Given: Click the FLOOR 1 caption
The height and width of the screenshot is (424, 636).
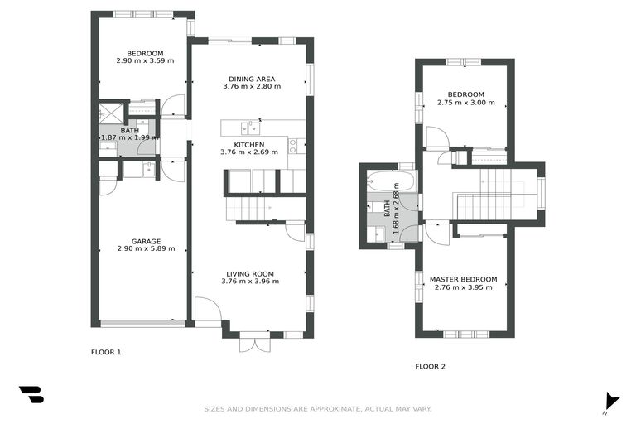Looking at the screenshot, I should [106, 352].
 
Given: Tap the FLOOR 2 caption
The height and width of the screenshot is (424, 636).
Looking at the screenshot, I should [430, 366].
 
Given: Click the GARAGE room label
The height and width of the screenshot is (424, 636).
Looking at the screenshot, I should [146, 241].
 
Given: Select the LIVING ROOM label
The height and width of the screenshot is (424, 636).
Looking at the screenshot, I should [250, 273].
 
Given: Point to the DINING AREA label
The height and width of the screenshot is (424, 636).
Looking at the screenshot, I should [252, 79].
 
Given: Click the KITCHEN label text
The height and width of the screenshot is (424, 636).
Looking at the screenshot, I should [249, 144].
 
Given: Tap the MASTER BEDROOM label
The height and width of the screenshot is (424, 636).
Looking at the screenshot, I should [463, 280].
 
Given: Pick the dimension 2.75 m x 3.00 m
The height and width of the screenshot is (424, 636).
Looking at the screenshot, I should [465, 103].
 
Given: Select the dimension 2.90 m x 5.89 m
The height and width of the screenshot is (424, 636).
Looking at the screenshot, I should [146, 248].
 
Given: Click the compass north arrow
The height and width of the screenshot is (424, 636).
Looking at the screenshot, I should [611, 399].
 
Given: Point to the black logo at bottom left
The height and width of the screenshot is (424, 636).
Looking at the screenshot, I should [31, 395].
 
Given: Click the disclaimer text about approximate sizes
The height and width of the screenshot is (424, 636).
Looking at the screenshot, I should [318, 408].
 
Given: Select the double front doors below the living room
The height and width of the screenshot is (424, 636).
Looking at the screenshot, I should [254, 340].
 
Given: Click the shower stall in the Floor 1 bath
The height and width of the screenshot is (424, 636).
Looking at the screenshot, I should [111, 112].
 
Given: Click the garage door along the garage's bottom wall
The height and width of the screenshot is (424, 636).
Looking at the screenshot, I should [142, 323].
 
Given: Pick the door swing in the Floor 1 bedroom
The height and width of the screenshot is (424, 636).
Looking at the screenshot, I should [173, 105].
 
